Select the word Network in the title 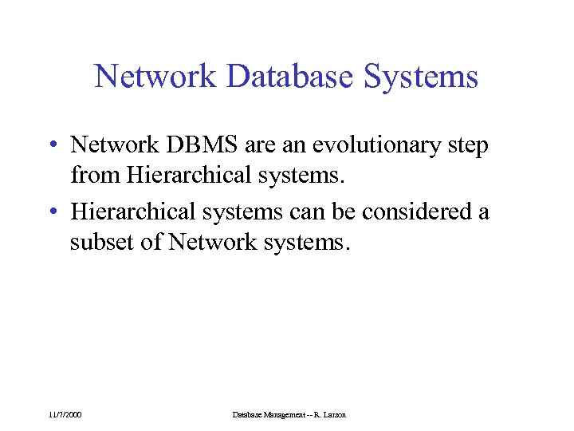pyautogui.click(x=155, y=77)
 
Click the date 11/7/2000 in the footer pyautogui.click(x=65, y=414)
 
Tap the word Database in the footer pyautogui.click(x=246, y=414)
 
